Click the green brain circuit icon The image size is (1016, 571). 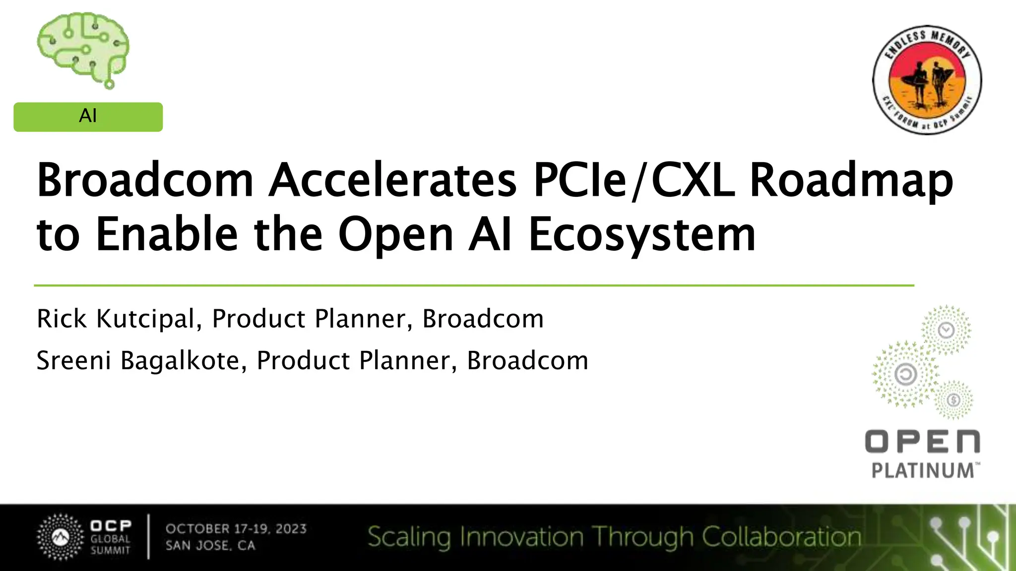[83, 50]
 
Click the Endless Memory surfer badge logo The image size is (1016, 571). [927, 80]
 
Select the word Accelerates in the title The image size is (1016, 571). [392, 180]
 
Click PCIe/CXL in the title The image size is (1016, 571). [633, 180]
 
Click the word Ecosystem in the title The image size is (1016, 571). [642, 234]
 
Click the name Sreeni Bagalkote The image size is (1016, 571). [138, 360]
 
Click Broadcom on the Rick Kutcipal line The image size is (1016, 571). [483, 319]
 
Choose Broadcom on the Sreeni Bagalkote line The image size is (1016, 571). [527, 360]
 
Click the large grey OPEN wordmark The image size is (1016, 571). [922, 441]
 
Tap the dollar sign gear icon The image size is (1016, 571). [953, 400]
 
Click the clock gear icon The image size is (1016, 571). [947, 330]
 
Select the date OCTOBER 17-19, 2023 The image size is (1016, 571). [236, 529]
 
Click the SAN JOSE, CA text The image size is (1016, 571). [210, 546]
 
